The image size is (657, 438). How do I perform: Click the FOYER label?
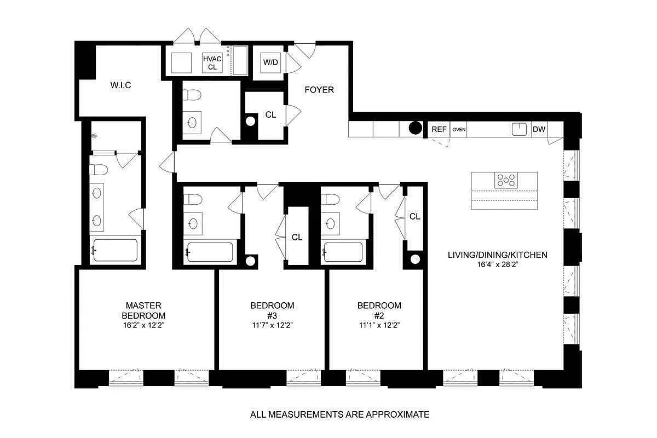pos(319,90)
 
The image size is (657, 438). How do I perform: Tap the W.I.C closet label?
pos(120,85)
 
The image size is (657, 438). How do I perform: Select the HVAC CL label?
pos(212,63)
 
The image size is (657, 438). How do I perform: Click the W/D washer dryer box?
pos(270,62)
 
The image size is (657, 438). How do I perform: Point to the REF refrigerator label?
pos(439,130)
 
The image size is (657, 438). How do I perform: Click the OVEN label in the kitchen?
pos(459,130)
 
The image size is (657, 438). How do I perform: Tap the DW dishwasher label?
pos(539,130)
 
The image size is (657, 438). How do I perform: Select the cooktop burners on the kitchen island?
pos(506,180)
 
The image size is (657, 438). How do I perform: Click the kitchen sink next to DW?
pos(518,129)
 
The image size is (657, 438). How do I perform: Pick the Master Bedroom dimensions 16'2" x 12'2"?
pos(143,325)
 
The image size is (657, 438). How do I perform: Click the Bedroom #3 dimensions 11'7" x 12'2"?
pos(272,325)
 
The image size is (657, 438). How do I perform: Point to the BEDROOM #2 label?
pos(379,310)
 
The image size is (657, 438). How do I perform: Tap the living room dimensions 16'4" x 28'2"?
pos(497,264)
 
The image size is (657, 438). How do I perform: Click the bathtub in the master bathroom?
pos(114,251)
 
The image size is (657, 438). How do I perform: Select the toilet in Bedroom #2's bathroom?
pos(330,199)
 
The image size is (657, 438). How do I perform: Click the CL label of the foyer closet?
pos(270,115)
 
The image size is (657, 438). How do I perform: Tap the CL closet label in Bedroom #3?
pos(297,237)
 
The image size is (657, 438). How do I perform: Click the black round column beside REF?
pos(416,129)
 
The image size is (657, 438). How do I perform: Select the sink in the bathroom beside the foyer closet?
pos(193,122)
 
